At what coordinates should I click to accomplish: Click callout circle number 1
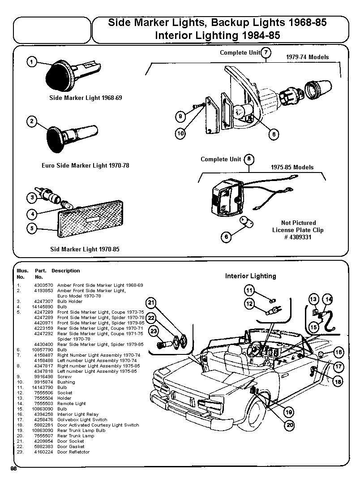pyautogui.click(x=32, y=62)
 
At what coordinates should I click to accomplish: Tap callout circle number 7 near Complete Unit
pyautogui.click(x=266, y=53)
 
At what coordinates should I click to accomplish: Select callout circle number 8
pyautogui.click(x=249, y=159)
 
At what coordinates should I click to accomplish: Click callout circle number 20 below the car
pyautogui.click(x=290, y=425)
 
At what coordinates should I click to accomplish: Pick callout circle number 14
pyautogui.click(x=328, y=299)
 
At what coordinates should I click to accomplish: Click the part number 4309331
pyautogui.click(x=298, y=237)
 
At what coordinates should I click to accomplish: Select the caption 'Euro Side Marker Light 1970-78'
pyautogui.click(x=85, y=165)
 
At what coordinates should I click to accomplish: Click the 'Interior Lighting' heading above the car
pyautogui.click(x=250, y=276)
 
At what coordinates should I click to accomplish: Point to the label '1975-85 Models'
pyautogui.click(x=292, y=167)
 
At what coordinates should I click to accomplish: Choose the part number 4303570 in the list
pyautogui.click(x=44, y=285)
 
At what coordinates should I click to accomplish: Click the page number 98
pyautogui.click(x=13, y=468)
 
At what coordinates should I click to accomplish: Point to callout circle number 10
pyautogui.click(x=180, y=133)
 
